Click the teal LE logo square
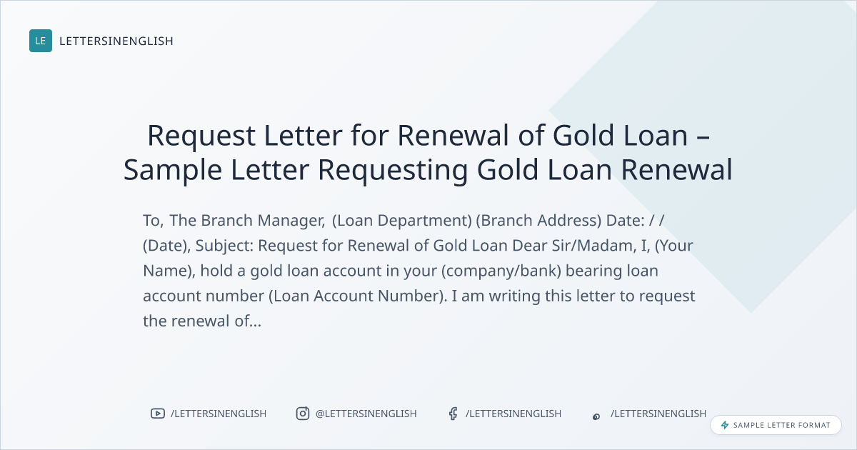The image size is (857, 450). [x=41, y=41]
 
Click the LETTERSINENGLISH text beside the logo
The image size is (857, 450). [x=116, y=41]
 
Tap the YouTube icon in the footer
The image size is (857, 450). [x=158, y=414]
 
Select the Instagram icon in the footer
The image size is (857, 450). [x=303, y=414]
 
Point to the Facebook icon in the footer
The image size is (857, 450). [x=453, y=414]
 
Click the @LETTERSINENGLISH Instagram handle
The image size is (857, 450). [x=366, y=414]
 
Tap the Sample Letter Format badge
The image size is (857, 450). [x=776, y=425]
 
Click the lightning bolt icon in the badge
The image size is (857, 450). [x=725, y=425]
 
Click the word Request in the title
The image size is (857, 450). [x=201, y=136]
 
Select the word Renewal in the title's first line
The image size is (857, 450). [x=453, y=135]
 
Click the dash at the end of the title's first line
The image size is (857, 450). [x=703, y=137]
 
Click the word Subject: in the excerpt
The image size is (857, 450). [x=224, y=246]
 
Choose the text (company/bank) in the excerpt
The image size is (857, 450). [x=501, y=271]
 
